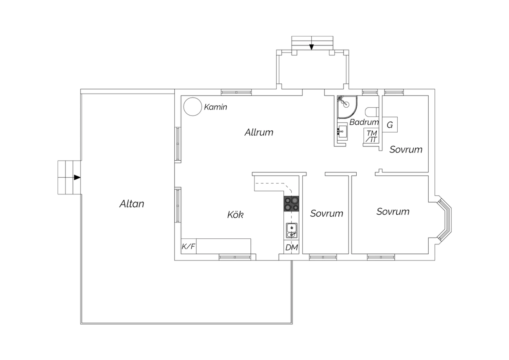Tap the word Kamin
click(x=215, y=107)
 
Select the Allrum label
click(x=259, y=132)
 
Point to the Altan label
click(x=132, y=204)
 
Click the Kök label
click(x=235, y=214)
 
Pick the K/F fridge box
click(x=189, y=246)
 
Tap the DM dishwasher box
click(x=291, y=247)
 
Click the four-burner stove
click(x=291, y=204)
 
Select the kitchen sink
click(x=291, y=231)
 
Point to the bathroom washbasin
click(x=342, y=131)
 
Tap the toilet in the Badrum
click(x=372, y=112)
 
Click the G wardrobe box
click(x=390, y=125)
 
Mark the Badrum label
click(x=364, y=122)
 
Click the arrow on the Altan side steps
click(x=77, y=177)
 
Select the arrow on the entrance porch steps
click(x=312, y=47)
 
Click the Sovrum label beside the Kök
click(x=326, y=213)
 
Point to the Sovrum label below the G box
click(x=406, y=149)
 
